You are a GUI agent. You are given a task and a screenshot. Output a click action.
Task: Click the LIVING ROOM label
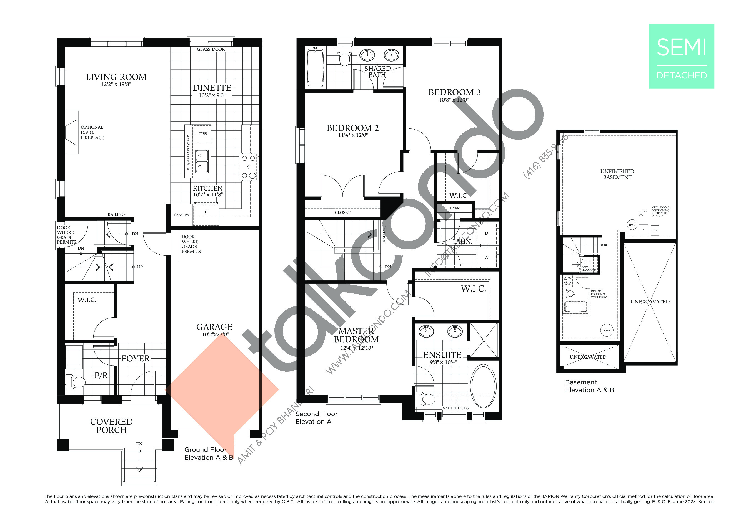click(116, 77)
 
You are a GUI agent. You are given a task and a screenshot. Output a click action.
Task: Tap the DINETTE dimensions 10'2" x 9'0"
click(212, 95)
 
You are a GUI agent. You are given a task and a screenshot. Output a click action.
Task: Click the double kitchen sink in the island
click(202, 161)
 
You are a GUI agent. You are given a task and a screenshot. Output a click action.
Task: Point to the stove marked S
click(248, 167)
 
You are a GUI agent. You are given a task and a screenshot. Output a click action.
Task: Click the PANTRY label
click(181, 215)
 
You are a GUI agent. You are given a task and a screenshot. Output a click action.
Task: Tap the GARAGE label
click(214, 327)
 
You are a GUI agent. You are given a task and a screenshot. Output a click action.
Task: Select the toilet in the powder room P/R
click(76, 382)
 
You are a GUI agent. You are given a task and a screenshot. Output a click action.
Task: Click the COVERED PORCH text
click(111, 425)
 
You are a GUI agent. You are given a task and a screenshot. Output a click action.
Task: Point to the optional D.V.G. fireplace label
click(92, 133)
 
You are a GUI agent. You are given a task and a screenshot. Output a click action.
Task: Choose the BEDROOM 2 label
click(352, 128)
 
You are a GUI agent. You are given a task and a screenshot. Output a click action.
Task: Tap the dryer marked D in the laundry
click(486, 233)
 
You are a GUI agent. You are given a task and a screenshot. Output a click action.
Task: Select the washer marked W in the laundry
click(486, 257)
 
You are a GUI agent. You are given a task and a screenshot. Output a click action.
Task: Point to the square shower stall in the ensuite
click(484, 340)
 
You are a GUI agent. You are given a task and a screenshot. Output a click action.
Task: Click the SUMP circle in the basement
click(607, 330)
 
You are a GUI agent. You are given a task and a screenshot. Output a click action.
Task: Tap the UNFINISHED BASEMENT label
click(617, 174)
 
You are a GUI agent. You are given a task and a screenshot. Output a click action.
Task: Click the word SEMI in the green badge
click(681, 48)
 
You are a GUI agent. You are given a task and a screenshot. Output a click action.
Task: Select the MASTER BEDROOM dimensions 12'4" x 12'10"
click(356, 348)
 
